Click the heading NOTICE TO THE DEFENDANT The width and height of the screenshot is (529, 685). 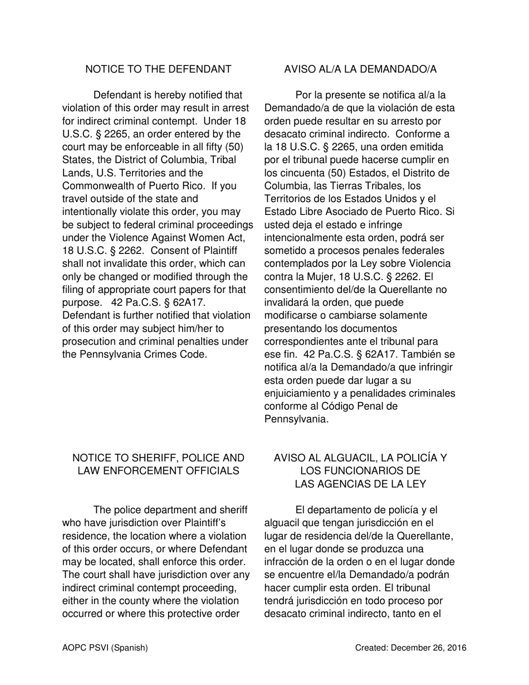pyautogui.click(x=158, y=69)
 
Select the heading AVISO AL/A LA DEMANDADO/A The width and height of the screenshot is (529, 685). pyautogui.click(x=360, y=69)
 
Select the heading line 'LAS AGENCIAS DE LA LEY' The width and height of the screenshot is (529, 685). pyautogui.click(x=360, y=484)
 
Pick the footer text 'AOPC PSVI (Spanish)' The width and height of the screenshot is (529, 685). pyautogui.click(x=105, y=648)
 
